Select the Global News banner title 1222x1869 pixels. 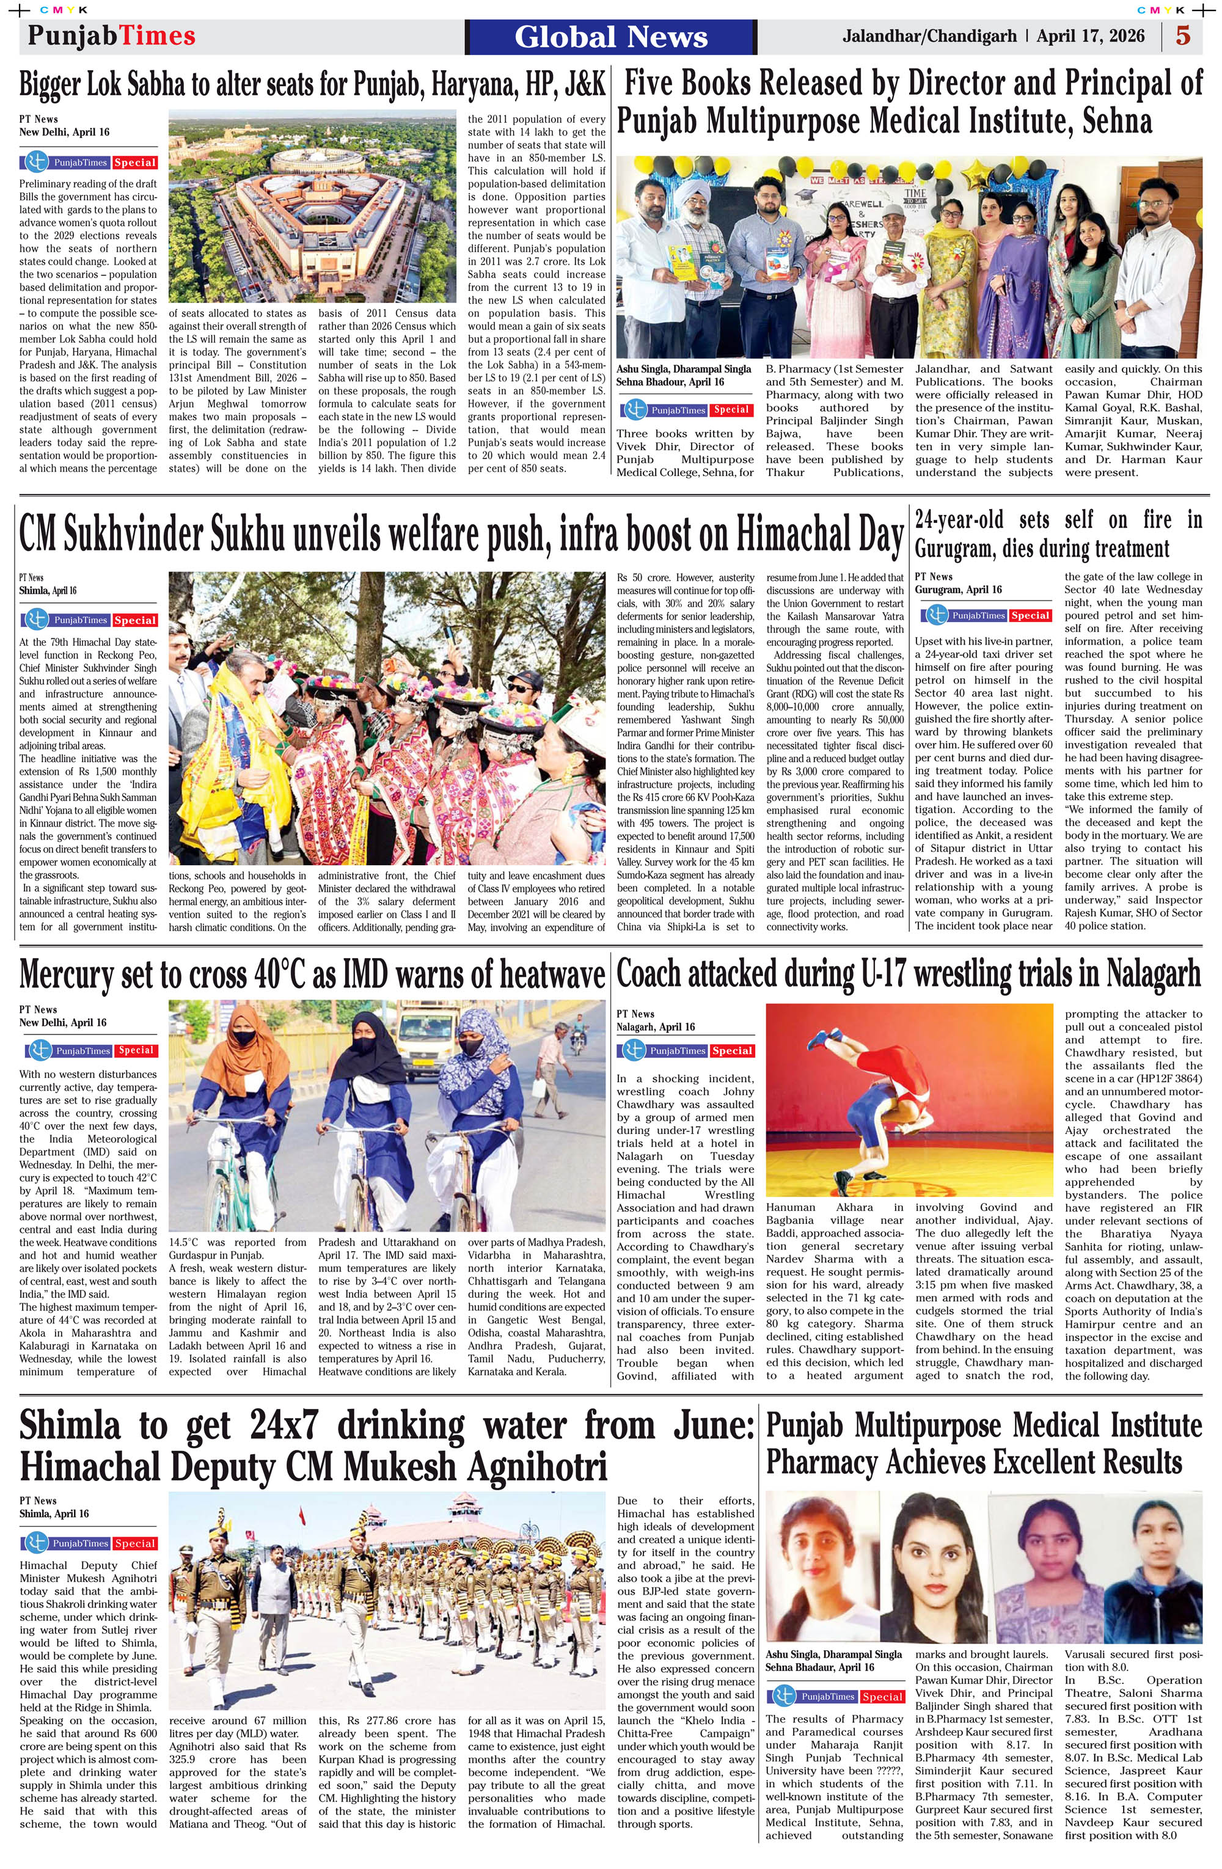point(611,37)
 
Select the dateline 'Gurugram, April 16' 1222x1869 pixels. point(958,590)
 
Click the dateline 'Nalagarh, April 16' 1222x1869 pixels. point(656,1026)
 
